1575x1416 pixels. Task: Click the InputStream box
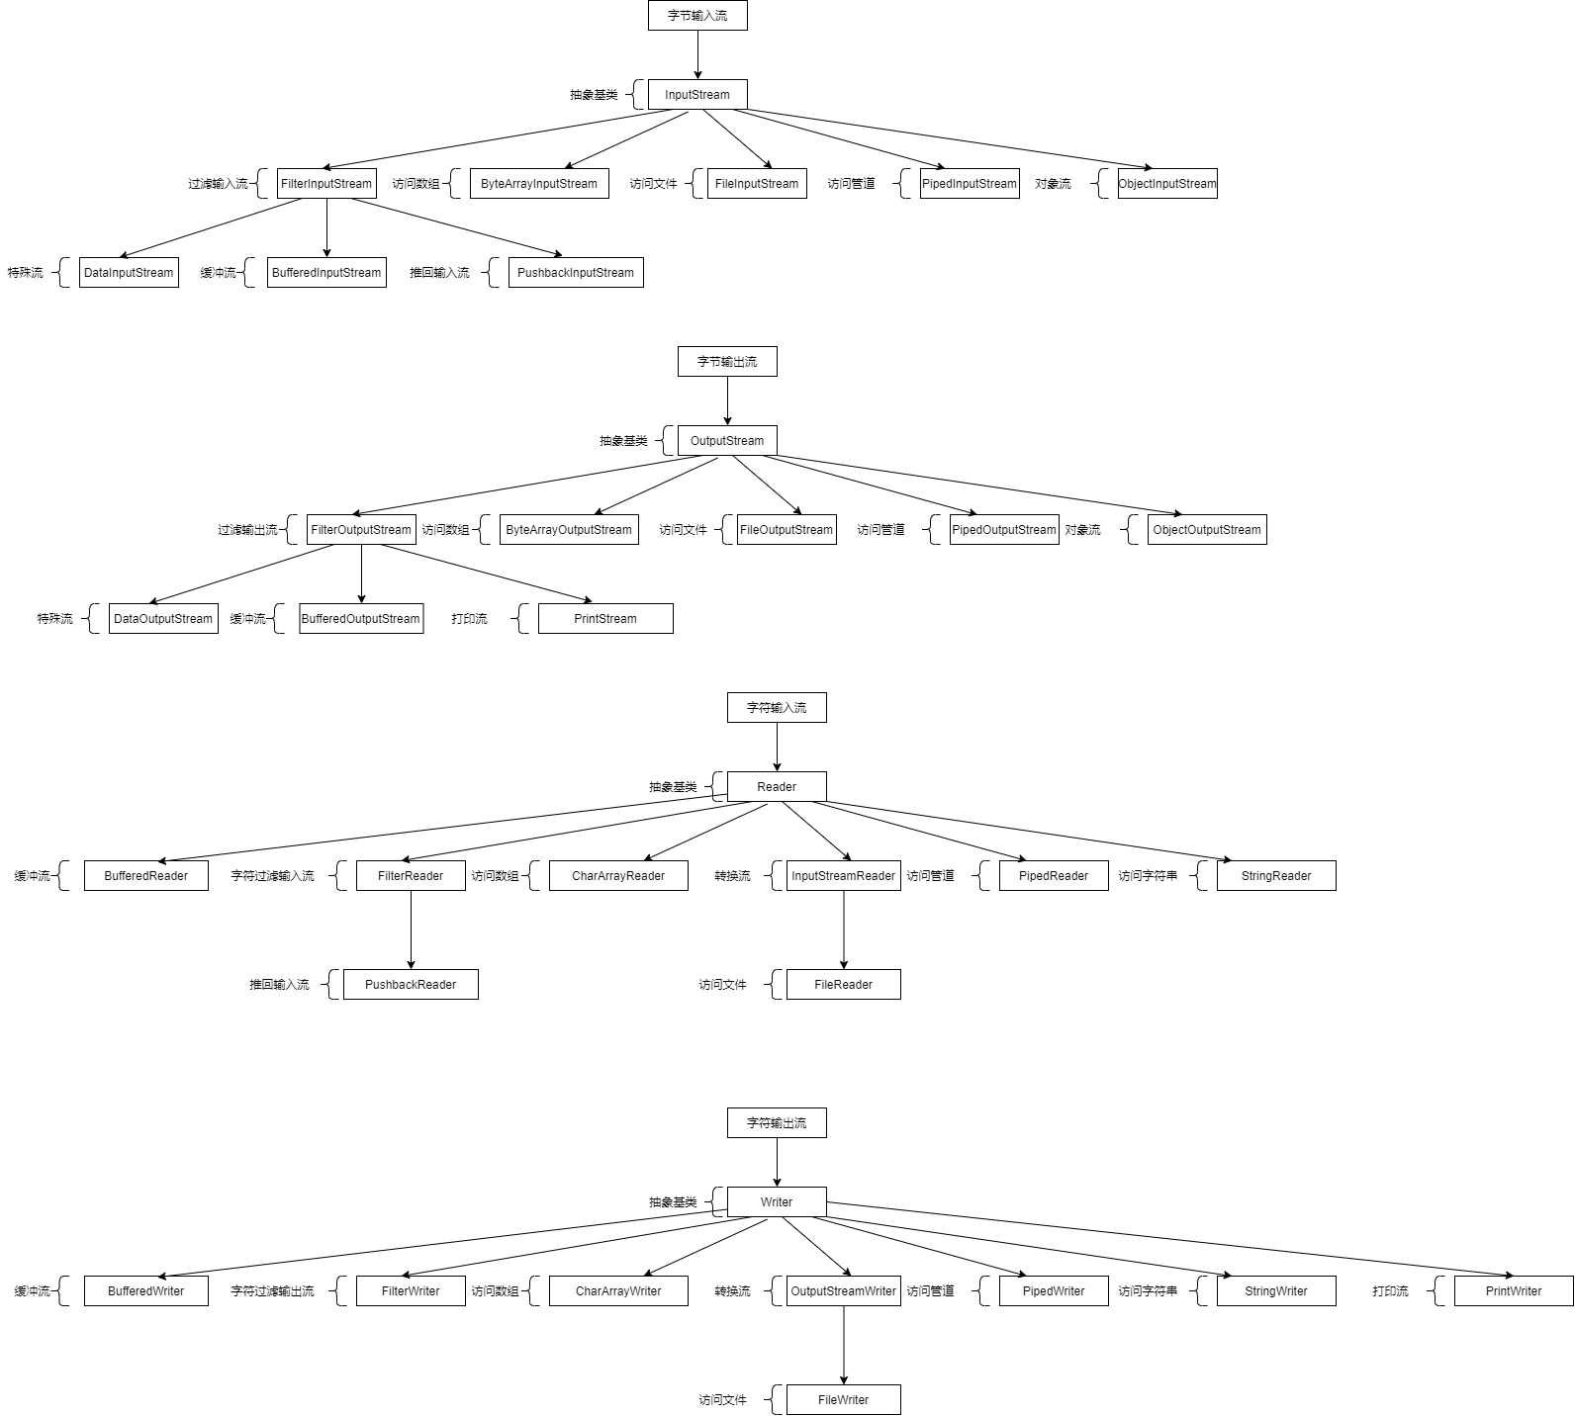[697, 95]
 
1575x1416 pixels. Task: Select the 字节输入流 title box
[697, 16]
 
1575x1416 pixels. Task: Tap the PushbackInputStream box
[576, 273]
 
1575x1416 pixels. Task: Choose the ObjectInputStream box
[1167, 184]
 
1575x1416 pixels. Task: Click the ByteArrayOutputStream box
[569, 530]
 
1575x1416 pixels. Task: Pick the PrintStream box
[605, 619]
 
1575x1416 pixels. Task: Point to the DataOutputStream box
[163, 619]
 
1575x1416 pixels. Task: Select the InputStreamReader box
[844, 876]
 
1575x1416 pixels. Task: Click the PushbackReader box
[411, 985]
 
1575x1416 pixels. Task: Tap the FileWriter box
[844, 1400]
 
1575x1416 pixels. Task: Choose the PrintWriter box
[1514, 1291]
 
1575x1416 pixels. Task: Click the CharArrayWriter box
[618, 1291]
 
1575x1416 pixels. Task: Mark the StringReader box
[1276, 876]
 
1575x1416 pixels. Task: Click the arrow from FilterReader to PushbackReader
[411, 929]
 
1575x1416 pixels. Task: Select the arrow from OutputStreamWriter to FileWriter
[844, 1345]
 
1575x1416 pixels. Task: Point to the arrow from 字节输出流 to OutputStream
[727, 400]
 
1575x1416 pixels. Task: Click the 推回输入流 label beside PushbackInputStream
[440, 273]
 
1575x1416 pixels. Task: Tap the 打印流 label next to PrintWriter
[1390, 1291]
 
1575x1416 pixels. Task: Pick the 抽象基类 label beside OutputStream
[623, 441]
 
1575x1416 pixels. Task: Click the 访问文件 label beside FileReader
[722, 985]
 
